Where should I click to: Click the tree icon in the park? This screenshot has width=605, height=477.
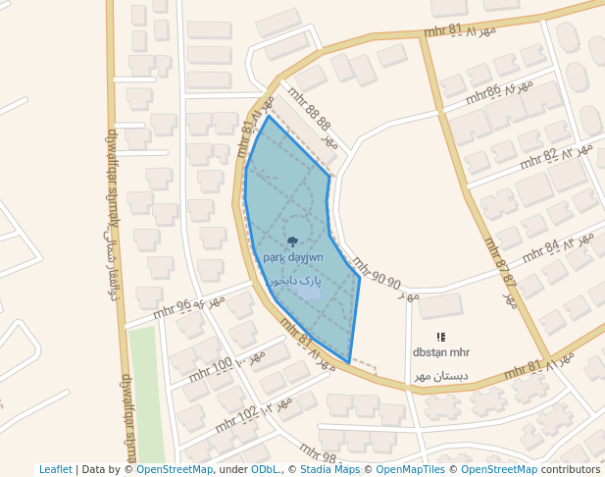point(292,240)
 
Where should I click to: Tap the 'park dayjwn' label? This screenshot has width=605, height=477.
point(292,257)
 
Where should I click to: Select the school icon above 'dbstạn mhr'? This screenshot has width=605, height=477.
point(440,337)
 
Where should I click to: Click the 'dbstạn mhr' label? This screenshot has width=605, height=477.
point(441,352)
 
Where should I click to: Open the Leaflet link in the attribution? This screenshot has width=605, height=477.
point(55,470)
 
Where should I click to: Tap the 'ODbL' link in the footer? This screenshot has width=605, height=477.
point(265,470)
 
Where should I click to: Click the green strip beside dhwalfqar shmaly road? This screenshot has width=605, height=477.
point(143,393)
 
